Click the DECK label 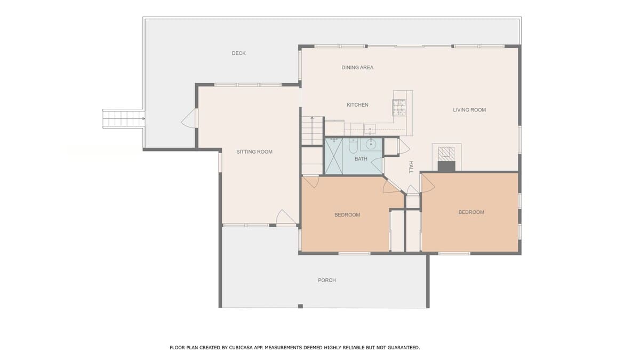(238, 53)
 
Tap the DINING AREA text (357, 67)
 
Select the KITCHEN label (357, 105)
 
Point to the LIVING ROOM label (469, 110)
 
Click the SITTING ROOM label (254, 151)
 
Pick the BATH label (361, 159)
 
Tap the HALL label (411, 167)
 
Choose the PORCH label (327, 281)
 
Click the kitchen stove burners (399, 107)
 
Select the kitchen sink (370, 129)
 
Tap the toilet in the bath (353, 146)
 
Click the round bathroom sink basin (371, 145)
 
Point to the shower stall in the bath (334, 156)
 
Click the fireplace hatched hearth (446, 154)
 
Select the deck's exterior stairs (123, 118)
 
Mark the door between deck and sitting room (189, 118)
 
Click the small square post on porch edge (300, 306)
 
